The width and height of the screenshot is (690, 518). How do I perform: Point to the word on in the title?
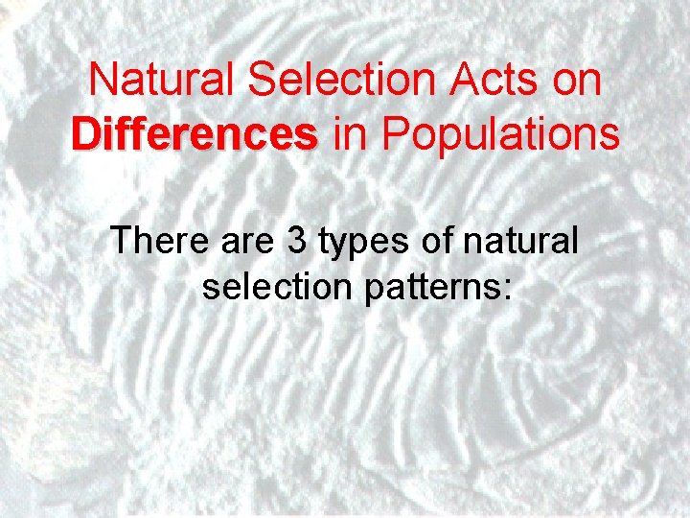[x=577, y=80]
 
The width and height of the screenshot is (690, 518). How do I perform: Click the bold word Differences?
[x=195, y=135]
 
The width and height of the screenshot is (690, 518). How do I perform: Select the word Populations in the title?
[x=500, y=135]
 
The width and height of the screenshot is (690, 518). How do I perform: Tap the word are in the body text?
[x=246, y=239]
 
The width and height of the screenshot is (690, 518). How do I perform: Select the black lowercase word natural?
[x=519, y=239]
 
